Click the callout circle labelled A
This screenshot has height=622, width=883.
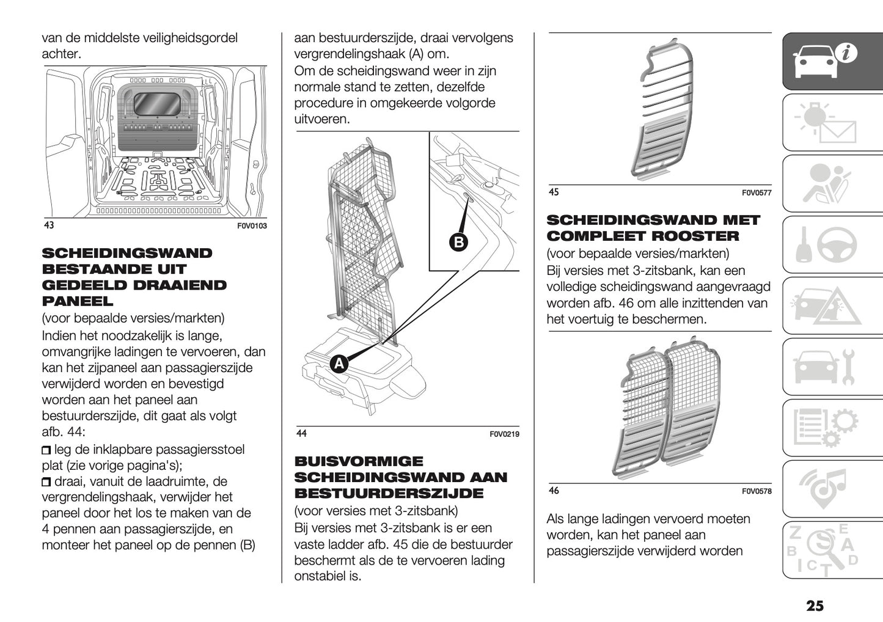click(x=339, y=364)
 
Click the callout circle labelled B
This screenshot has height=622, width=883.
click(x=458, y=242)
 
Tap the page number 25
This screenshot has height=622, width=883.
click(x=815, y=606)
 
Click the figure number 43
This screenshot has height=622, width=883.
click(x=49, y=225)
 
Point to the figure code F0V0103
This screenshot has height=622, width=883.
click(x=252, y=226)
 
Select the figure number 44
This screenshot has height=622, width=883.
click(x=301, y=434)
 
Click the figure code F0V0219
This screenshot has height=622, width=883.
click(x=504, y=434)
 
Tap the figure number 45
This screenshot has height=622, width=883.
click(x=554, y=192)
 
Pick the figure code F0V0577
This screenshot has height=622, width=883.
click(x=757, y=193)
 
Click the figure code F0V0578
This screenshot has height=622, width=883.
click(x=757, y=491)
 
